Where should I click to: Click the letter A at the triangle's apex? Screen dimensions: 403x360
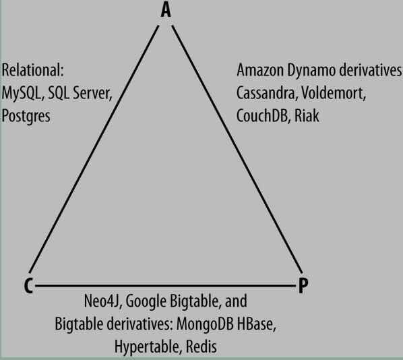166,10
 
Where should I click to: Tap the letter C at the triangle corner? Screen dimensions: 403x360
28,286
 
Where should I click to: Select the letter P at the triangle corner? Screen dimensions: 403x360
303,286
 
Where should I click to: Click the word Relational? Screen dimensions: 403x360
32,70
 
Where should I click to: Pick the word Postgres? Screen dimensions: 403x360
26,116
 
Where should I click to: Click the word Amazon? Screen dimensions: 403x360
260,70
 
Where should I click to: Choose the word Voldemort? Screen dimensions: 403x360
334,93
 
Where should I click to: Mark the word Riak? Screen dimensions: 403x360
307,116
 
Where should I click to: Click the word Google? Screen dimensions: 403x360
146,301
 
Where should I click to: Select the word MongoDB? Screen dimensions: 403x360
205,324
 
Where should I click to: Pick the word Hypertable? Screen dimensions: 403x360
148,347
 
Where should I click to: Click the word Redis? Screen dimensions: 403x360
201,347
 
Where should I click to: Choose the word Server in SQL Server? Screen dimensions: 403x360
93,93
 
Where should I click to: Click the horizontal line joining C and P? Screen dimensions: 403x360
165,285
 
